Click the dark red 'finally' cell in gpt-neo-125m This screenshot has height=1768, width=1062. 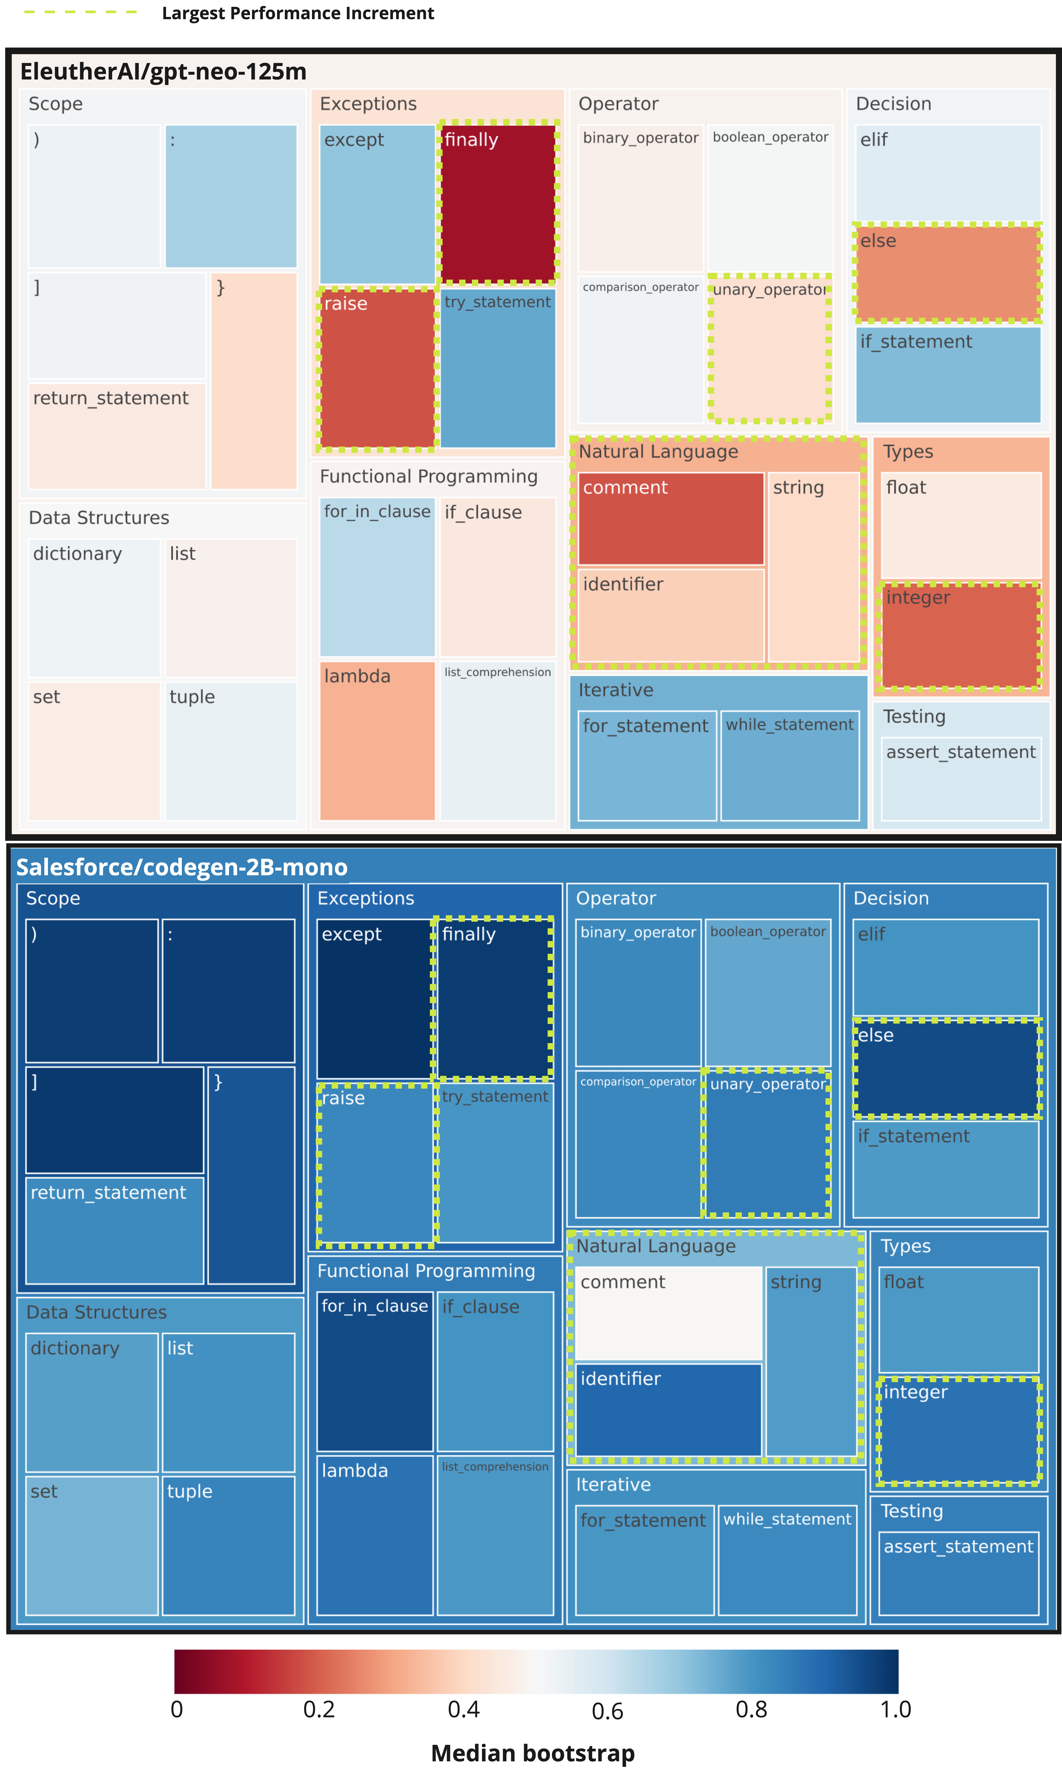pyautogui.click(x=499, y=204)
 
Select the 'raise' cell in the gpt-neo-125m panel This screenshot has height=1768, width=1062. pyautogui.click(x=377, y=368)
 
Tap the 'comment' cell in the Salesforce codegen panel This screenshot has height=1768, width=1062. pyautogui.click(x=669, y=1313)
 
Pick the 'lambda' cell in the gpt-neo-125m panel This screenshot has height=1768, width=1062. pyautogui.click(x=377, y=741)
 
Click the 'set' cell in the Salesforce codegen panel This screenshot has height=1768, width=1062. pyautogui.click(x=92, y=1545)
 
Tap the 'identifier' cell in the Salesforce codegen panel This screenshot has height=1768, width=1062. pyautogui.click(x=669, y=1410)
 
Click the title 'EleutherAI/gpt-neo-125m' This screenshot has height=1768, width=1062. pyautogui.click(x=163, y=71)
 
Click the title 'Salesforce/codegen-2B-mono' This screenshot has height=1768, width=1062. pyautogui.click(x=182, y=867)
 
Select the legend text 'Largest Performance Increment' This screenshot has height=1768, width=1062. pyautogui.click(x=298, y=14)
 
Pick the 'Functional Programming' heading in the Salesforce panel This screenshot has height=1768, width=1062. pyautogui.click(x=427, y=1271)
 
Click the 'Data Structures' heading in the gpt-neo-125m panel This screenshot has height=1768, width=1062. pyautogui.click(x=99, y=517)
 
